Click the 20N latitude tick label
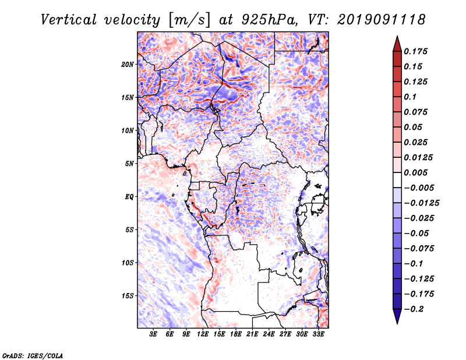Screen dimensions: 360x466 tap(128, 64)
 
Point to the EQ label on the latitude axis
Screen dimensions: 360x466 tap(129, 197)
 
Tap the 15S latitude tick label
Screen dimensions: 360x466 tap(128, 296)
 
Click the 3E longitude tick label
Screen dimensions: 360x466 tap(154, 335)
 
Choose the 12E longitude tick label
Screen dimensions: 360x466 tap(203, 335)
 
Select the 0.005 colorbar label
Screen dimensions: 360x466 tap(418, 172)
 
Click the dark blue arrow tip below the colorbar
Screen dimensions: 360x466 tap(397, 320)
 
